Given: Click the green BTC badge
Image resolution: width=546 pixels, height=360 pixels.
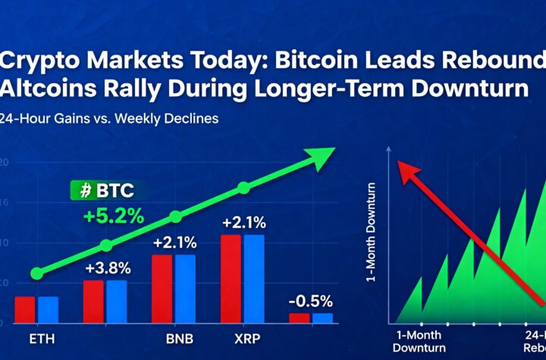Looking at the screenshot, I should point(103,190).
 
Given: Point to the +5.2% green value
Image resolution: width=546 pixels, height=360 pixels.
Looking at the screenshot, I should point(114,216).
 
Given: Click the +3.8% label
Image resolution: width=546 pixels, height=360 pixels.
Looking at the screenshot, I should point(107,268).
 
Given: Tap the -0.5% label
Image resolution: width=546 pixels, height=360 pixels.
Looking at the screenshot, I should point(312,300).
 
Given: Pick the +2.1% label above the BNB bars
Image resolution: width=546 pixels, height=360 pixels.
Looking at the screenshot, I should point(174,243).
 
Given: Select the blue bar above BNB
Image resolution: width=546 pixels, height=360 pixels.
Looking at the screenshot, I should point(185,288).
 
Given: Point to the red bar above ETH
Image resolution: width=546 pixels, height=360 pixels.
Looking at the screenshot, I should point(25,309).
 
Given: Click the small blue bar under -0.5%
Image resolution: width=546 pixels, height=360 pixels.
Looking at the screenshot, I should point(323,318).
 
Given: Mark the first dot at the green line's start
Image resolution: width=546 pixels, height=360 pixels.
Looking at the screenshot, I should point(36,274).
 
